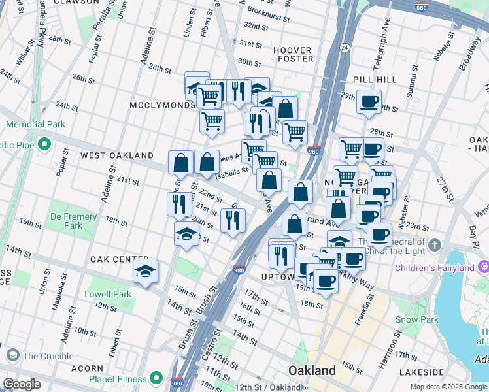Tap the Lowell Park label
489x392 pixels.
pyautogui.click(x=108, y=295)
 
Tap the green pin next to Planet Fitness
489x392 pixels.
pyautogui.click(x=156, y=378)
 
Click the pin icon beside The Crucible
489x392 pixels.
pyautogui.click(x=12, y=355)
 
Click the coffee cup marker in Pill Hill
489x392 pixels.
pyautogui.click(x=369, y=102)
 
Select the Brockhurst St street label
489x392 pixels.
pyautogui.click(x=269, y=12)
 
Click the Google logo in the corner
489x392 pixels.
pyautogui.click(x=22, y=384)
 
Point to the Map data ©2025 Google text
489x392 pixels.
pyautogui.click(x=448, y=387)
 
